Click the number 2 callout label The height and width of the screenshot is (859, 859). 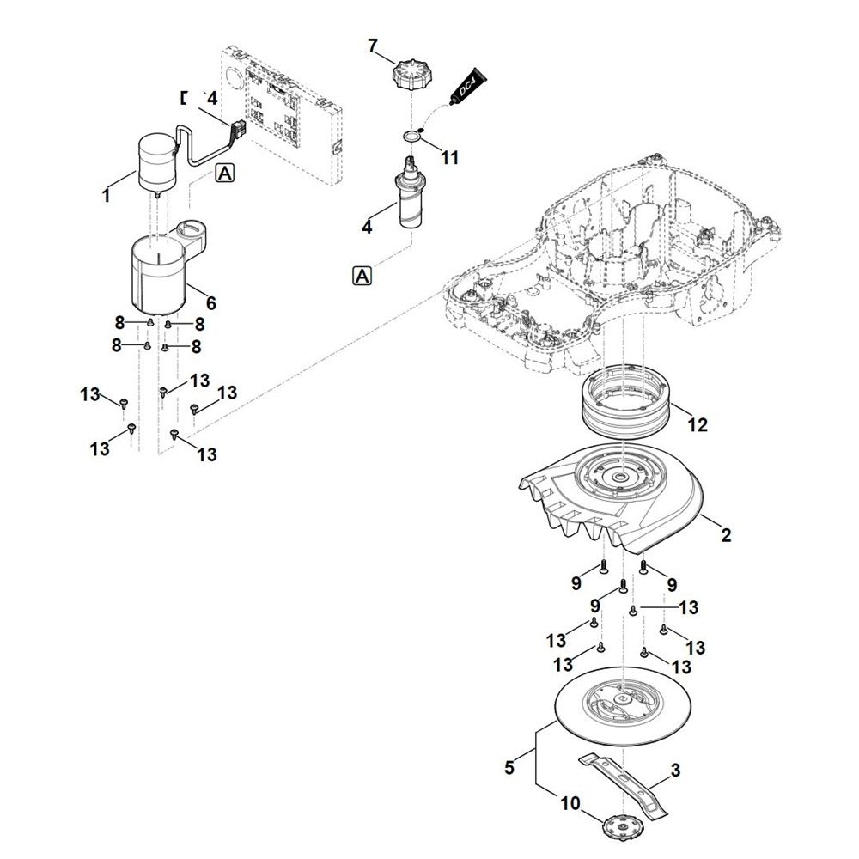726,535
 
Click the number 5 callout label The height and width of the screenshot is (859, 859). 509,767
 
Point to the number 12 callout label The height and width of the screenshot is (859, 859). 698,424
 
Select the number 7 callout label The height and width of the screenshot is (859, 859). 373,46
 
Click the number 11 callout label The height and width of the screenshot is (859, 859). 449,157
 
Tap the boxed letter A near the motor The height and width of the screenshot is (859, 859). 224,173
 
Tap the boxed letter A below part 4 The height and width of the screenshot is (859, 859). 362,276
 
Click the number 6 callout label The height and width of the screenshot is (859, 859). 211,303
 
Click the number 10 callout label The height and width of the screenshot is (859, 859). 570,805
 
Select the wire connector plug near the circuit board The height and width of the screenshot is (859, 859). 237,131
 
